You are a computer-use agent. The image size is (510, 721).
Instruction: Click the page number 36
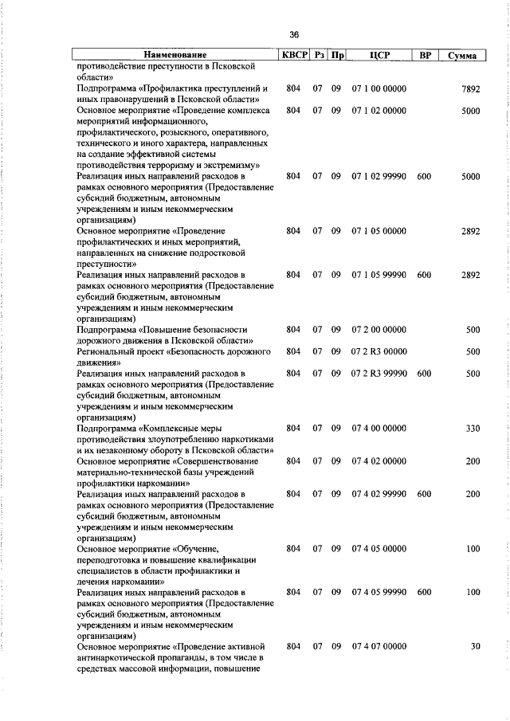tap(294, 35)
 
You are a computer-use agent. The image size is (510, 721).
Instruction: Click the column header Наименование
tap(175, 56)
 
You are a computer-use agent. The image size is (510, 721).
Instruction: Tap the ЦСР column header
tap(379, 56)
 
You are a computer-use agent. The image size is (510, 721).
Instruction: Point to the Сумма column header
tap(462, 56)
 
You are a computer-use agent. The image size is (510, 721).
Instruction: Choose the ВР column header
tap(424, 56)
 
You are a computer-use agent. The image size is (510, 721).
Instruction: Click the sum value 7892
tap(470, 89)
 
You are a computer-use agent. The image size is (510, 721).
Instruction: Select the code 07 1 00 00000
tap(379, 89)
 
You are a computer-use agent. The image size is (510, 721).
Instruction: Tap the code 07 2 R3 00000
tap(379, 351)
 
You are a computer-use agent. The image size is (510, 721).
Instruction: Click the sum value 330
tap(473, 429)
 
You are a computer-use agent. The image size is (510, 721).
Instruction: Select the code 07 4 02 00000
tap(379, 461)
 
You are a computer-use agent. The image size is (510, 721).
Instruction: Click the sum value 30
tap(475, 646)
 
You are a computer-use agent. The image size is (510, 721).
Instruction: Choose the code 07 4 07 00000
tap(379, 646)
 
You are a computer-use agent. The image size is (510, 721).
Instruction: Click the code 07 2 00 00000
tap(379, 329)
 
